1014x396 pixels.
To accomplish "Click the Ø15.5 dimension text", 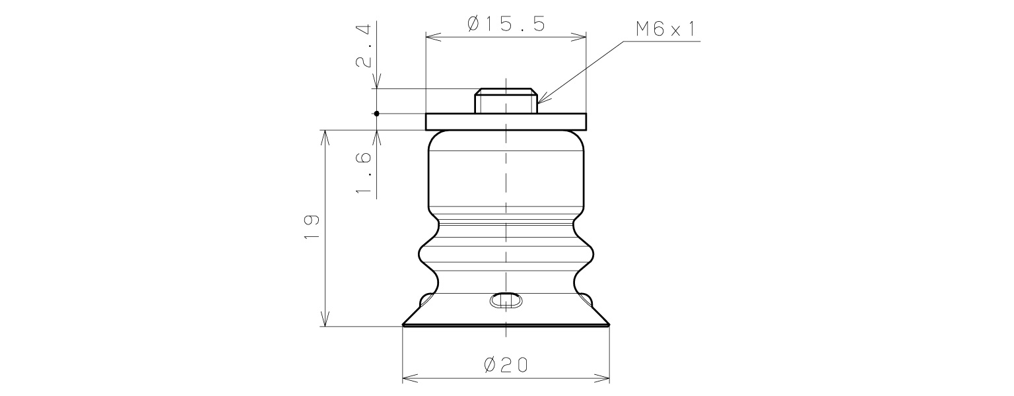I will (x=506, y=24).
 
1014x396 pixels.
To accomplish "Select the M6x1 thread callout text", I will (x=666, y=29).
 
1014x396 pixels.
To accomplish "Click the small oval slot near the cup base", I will (x=506, y=300).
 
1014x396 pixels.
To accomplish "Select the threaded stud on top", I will (x=506, y=101).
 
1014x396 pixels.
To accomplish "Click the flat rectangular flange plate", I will (x=506, y=121).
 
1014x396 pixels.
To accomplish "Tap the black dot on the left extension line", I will (x=376, y=114).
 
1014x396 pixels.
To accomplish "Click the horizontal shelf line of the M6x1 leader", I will (x=660, y=42).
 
